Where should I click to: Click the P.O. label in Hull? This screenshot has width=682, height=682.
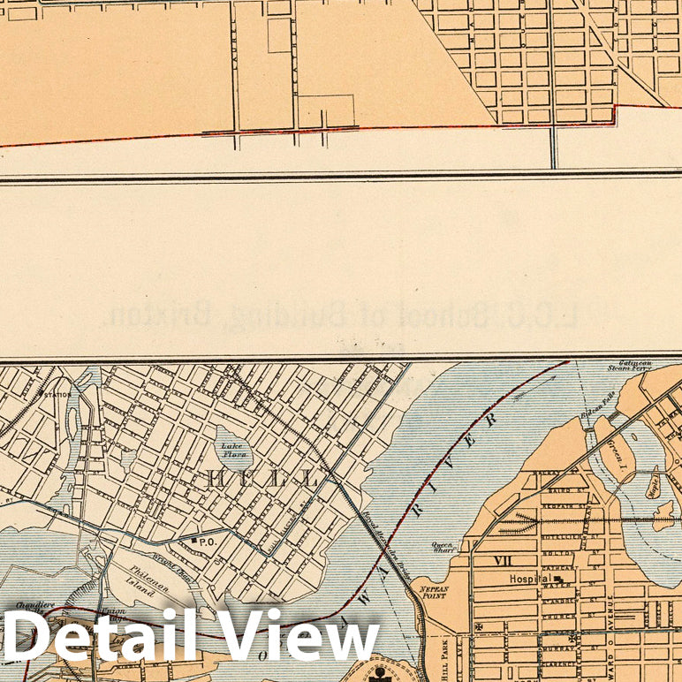pyautogui.click(x=207, y=541)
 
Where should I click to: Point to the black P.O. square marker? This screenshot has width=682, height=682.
pyautogui.click(x=193, y=540)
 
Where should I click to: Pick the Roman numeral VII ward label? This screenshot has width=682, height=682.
pyautogui.click(x=503, y=559)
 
